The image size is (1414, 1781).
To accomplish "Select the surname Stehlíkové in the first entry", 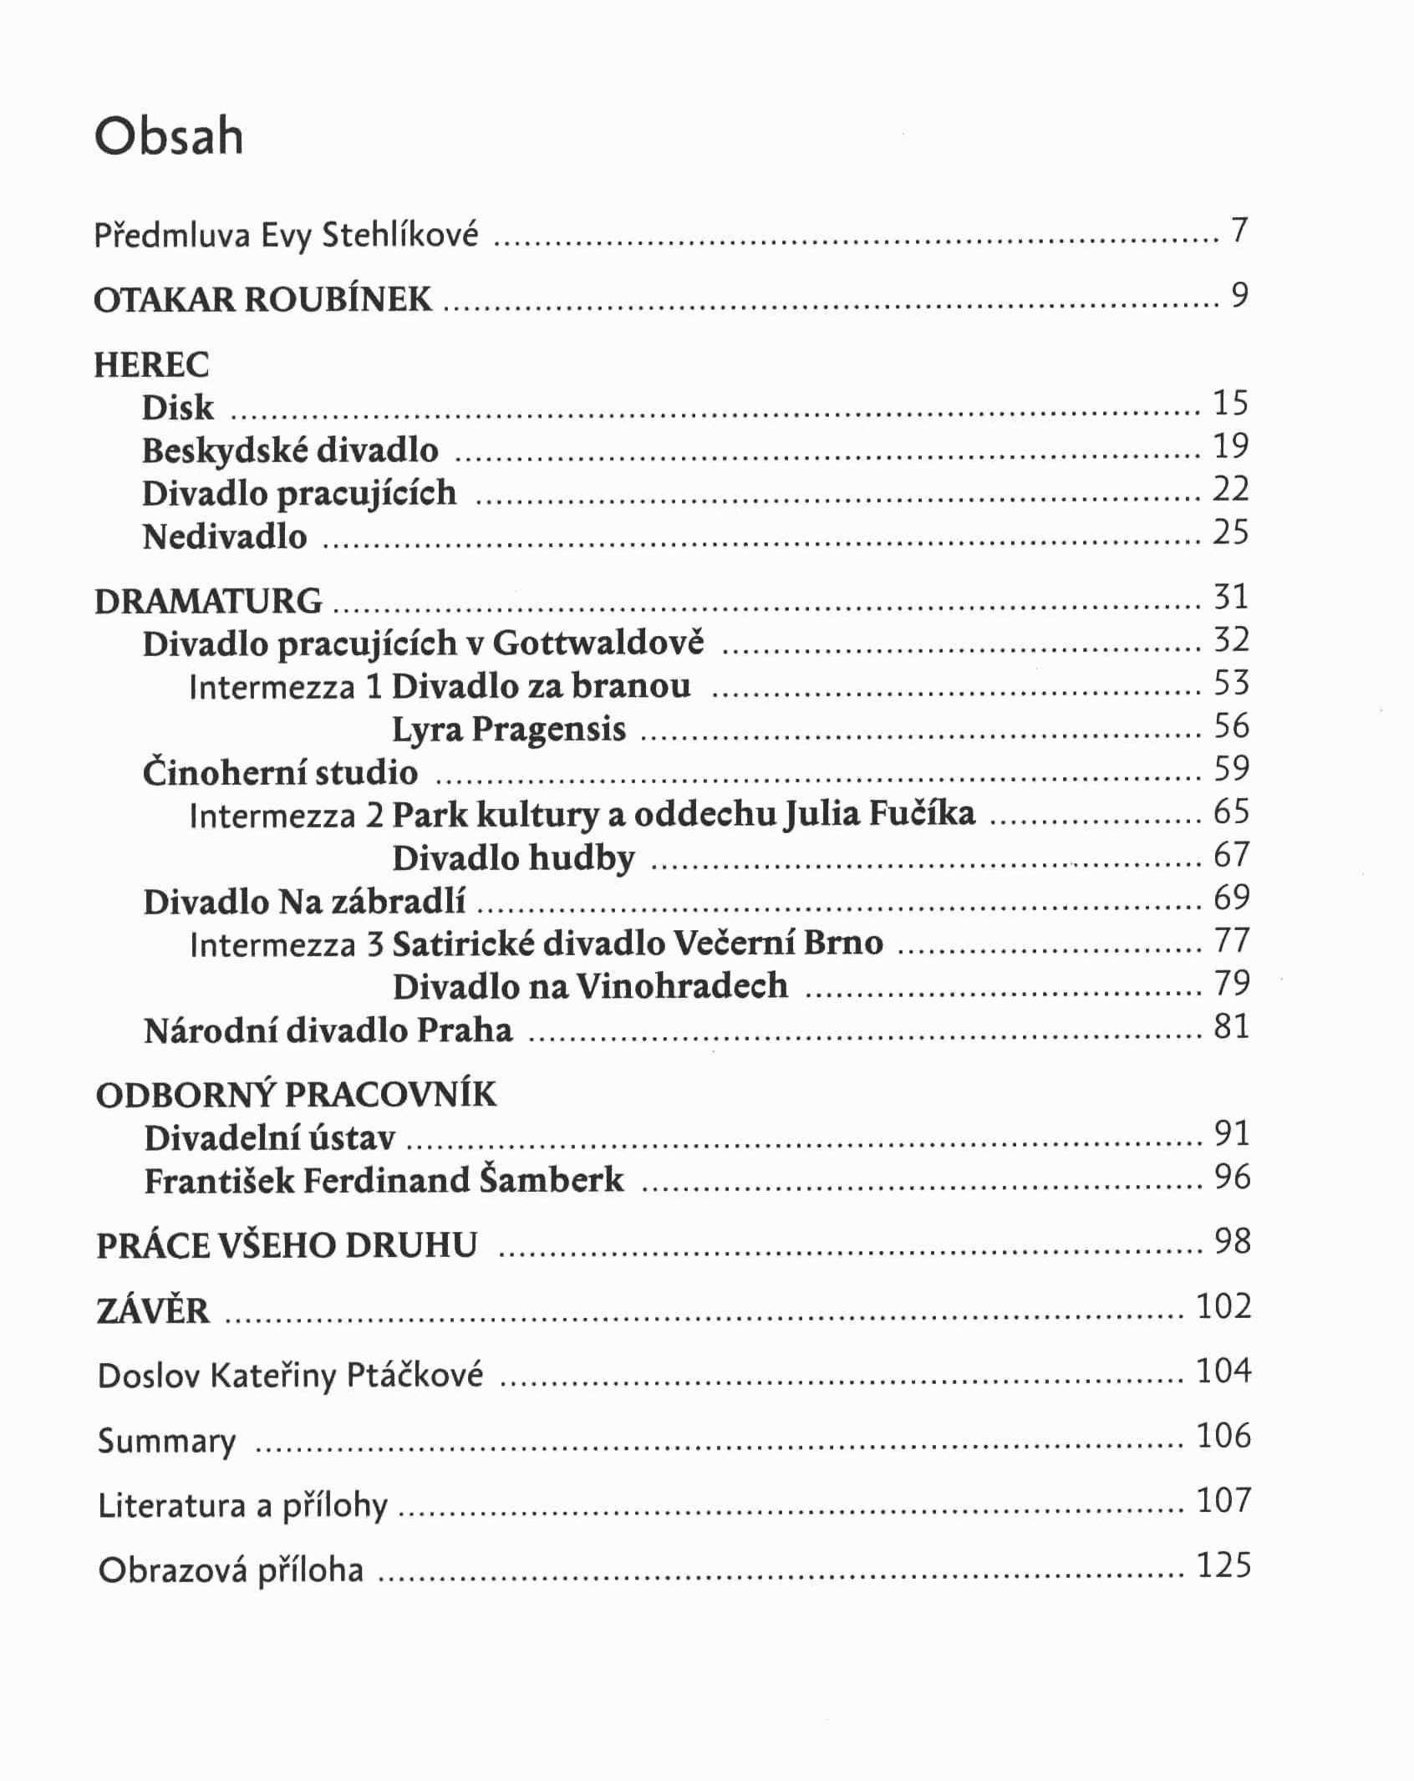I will [399, 235].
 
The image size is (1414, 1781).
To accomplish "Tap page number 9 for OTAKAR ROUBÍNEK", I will [1239, 295].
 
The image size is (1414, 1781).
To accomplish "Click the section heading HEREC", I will [151, 365].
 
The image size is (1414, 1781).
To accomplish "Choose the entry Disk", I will [177, 408].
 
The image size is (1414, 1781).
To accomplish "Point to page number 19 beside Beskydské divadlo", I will [1231, 446].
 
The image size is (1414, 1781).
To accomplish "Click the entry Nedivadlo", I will [225, 537].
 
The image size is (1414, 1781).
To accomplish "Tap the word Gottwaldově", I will [598, 644].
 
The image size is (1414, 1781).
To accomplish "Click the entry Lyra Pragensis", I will [509, 730].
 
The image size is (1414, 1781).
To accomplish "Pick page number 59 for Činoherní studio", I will [1231, 768].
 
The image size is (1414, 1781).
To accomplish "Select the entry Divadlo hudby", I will [514, 858].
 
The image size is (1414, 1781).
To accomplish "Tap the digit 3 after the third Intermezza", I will [374, 944].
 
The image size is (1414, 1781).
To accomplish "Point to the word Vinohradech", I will [682, 987].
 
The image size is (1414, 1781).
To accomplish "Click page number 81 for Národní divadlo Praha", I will [1231, 1026].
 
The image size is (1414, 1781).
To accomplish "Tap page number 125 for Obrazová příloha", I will [1223, 1565].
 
